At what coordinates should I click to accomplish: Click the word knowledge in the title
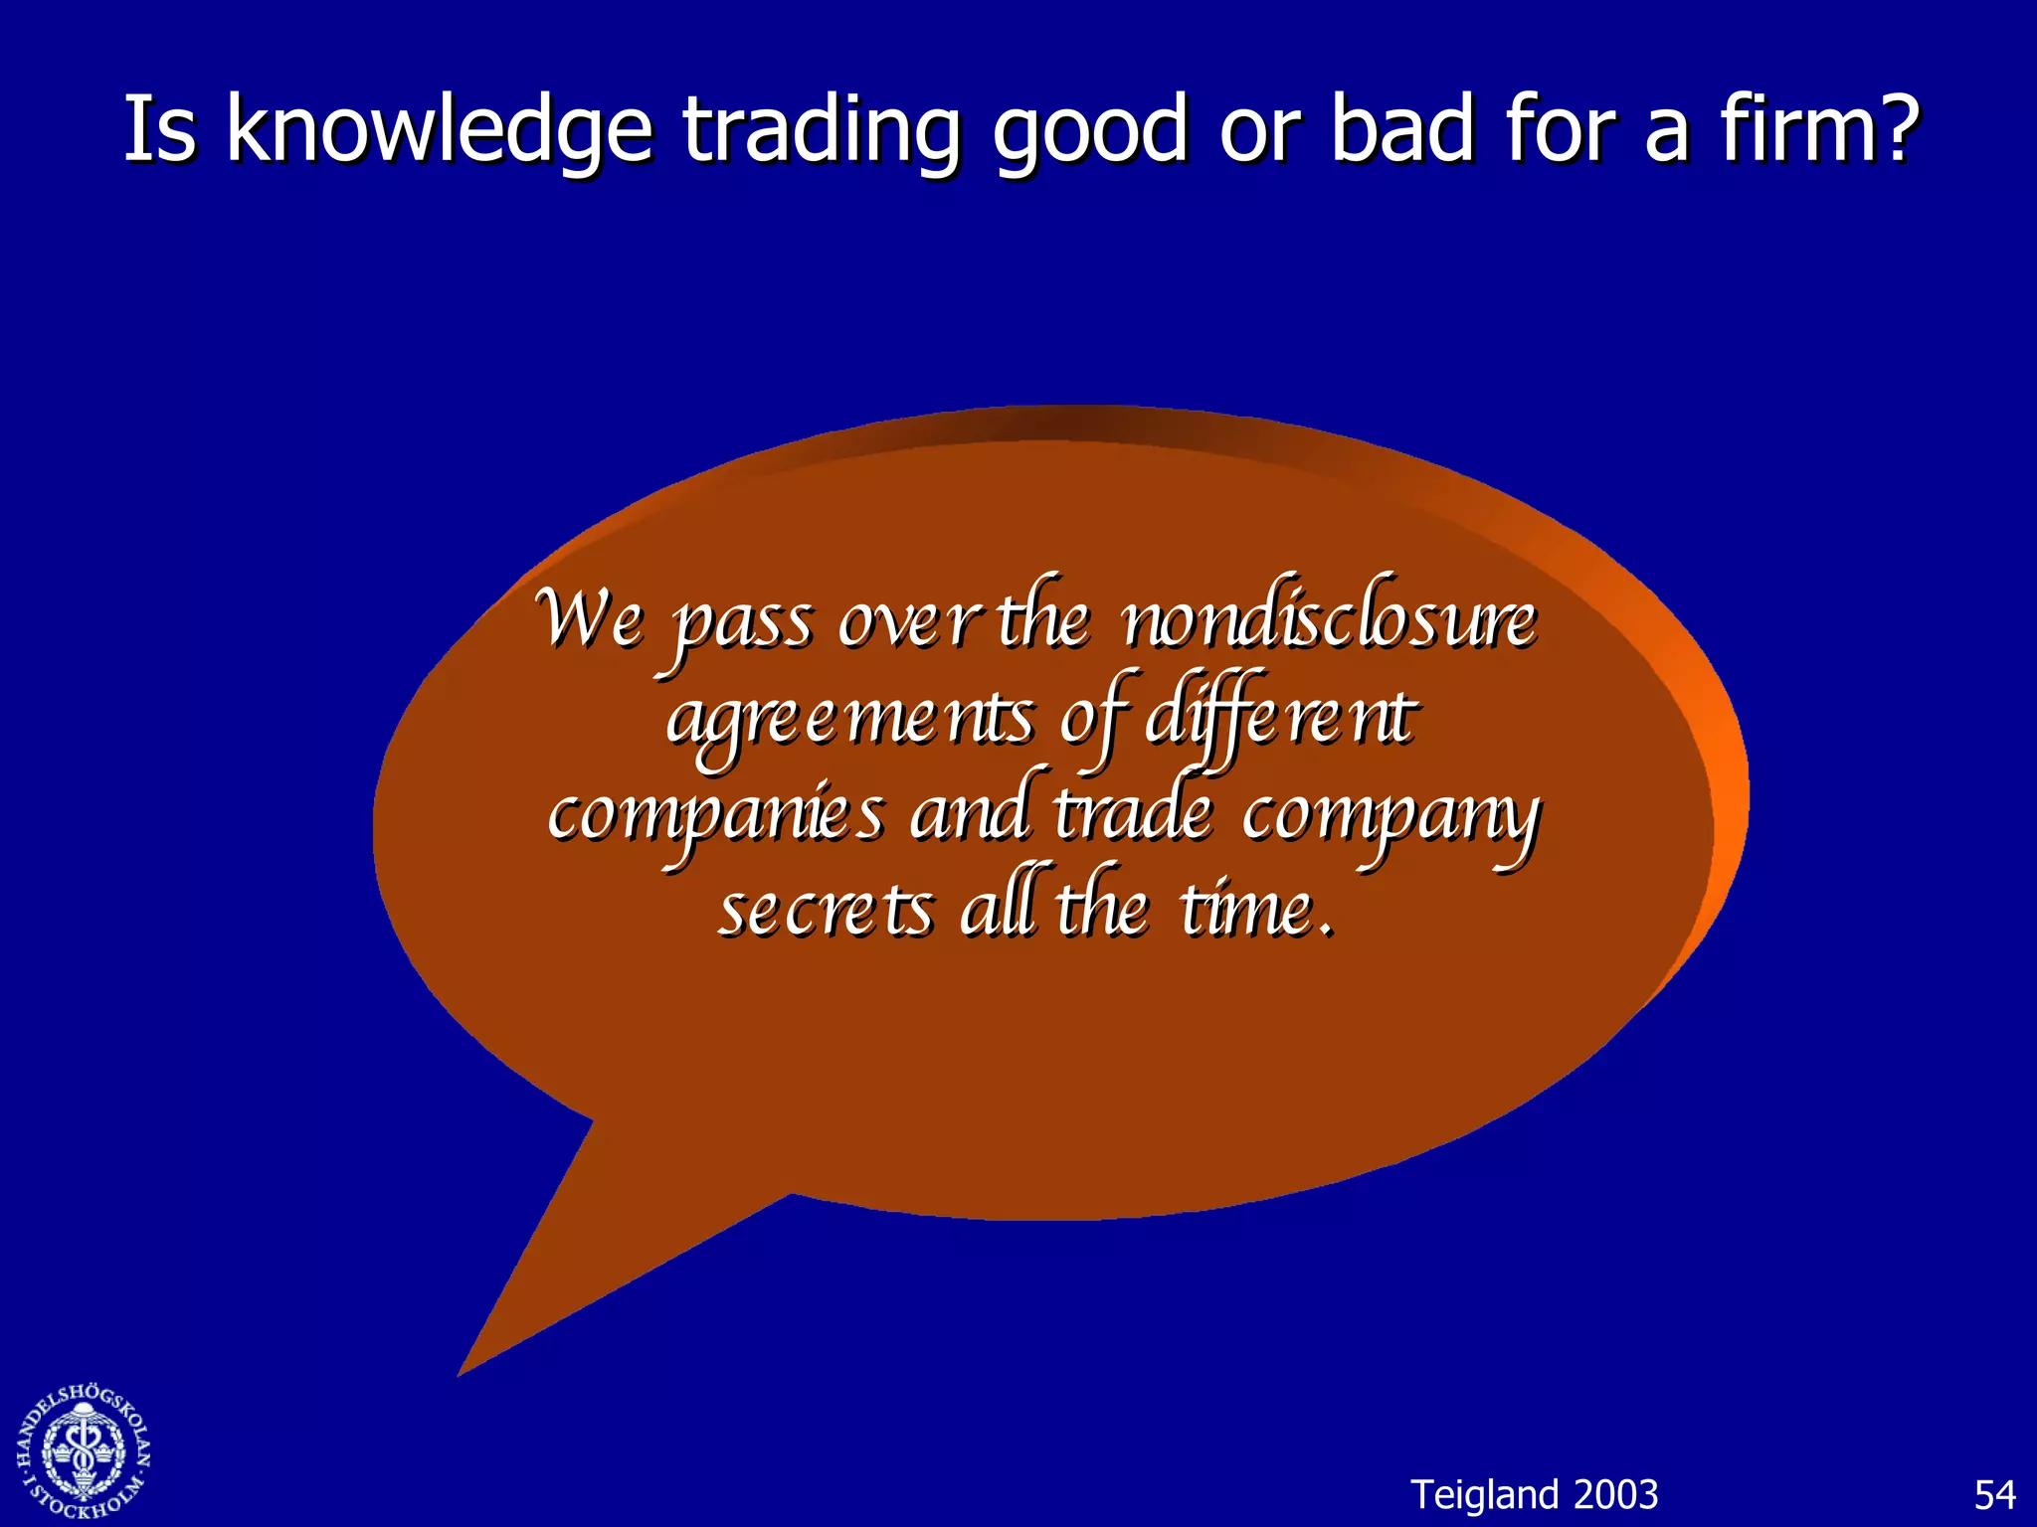439,131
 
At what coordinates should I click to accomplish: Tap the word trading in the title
822,131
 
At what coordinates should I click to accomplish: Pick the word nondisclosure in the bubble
1329,620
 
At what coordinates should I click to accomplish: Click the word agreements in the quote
850,718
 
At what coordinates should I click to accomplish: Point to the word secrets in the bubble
826,910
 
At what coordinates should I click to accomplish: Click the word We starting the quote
589,618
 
